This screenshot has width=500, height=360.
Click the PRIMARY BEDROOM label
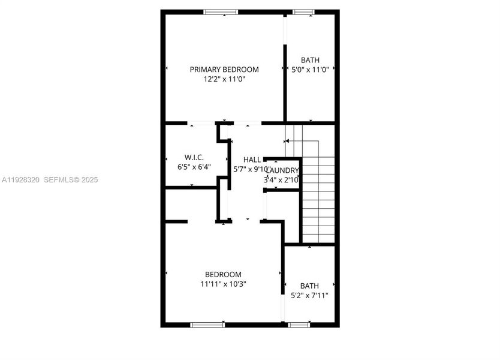(224, 70)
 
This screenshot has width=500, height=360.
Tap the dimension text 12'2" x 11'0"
(224, 79)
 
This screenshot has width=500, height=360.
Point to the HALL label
(252, 160)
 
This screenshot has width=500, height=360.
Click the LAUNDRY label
(282, 170)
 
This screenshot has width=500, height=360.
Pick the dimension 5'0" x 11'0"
(310, 70)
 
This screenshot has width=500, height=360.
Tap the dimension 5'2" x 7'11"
(310, 295)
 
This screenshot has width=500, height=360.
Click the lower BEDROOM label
(223, 274)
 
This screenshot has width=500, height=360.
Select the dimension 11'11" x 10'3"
(223, 284)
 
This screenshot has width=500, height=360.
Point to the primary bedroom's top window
(221, 12)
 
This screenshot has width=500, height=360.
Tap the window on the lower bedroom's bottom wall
(207, 325)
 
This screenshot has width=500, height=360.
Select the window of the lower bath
(298, 325)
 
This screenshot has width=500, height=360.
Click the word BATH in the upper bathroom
(310, 60)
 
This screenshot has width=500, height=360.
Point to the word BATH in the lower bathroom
(310, 286)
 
